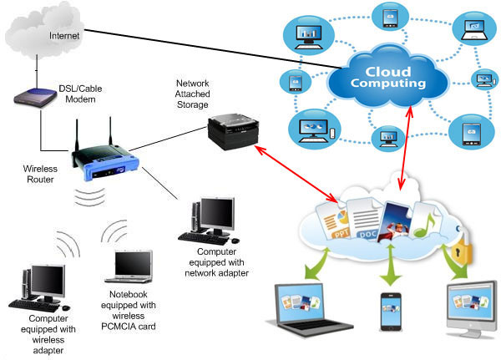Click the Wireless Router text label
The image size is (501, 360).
[40, 174]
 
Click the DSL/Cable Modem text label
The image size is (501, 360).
[83, 94]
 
